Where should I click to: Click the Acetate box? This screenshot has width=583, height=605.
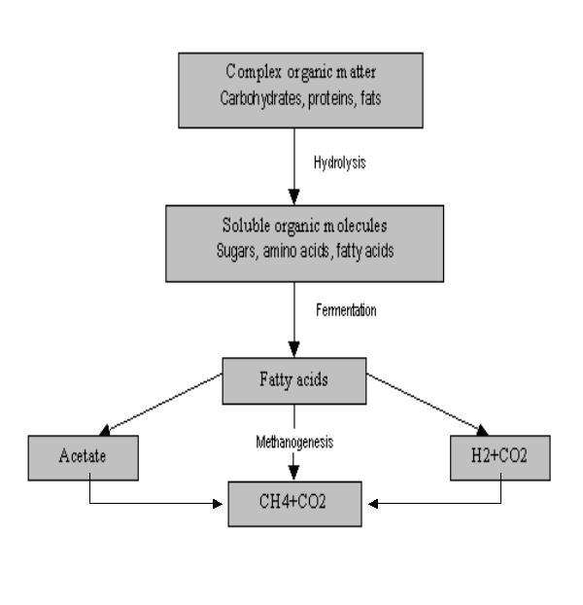[89, 456]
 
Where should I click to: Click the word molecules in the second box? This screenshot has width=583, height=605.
[337, 229]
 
